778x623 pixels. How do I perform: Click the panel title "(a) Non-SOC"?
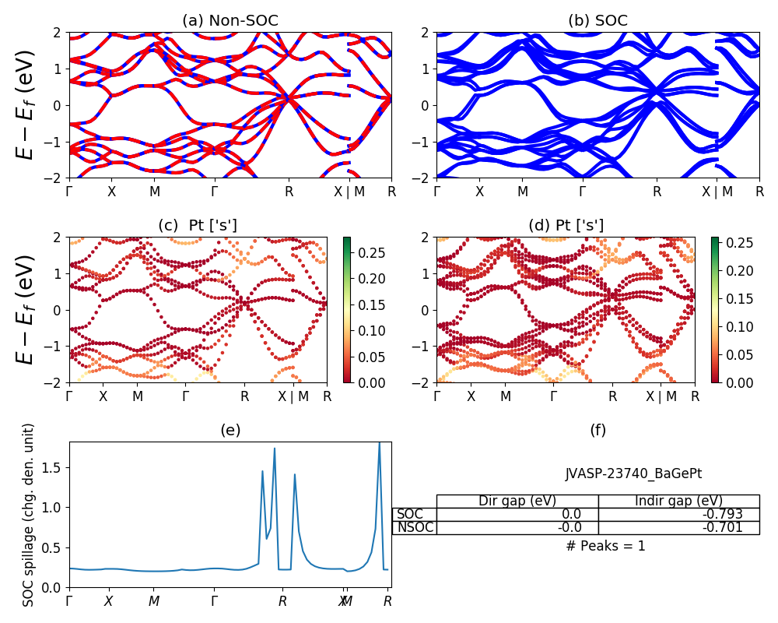click(230, 21)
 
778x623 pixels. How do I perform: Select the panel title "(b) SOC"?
click(598, 21)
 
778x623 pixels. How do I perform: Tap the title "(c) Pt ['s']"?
click(198, 226)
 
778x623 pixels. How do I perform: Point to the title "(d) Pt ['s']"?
click(566, 226)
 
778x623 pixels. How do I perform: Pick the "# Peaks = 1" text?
click(605, 546)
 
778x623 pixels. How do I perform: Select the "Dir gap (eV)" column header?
click(517, 501)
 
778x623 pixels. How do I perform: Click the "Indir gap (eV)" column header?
click(678, 501)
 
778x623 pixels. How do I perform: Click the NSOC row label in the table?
click(415, 527)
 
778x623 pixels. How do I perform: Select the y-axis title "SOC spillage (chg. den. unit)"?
click(29, 515)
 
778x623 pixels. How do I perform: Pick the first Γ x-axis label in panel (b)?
click(436, 191)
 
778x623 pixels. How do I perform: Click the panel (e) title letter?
click(230, 431)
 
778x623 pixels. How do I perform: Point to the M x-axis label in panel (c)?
click(138, 396)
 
